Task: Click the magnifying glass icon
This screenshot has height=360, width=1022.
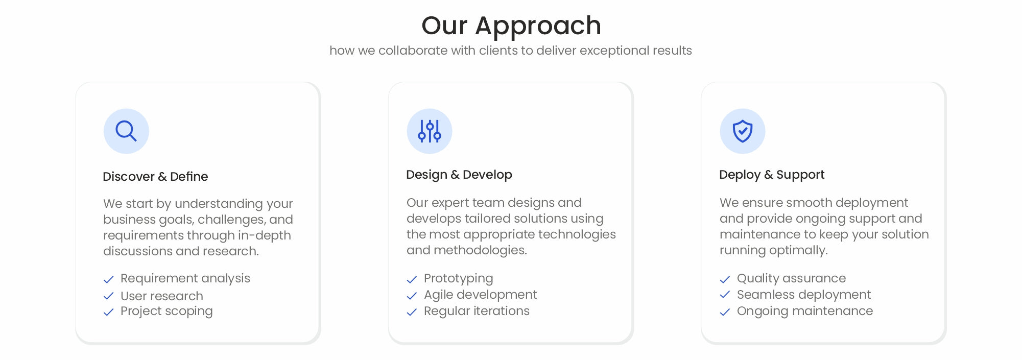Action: coord(126,131)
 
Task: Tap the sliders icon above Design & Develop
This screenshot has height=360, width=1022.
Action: coord(430,131)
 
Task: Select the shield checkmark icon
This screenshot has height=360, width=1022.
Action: coord(743,131)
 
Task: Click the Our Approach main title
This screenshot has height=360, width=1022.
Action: coord(511,26)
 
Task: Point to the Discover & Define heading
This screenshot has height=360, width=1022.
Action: coord(155,177)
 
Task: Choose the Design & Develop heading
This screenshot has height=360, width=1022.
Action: coord(459,175)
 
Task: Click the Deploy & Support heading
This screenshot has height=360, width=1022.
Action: coord(772,175)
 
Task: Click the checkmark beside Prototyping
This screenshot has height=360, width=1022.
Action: coord(412,279)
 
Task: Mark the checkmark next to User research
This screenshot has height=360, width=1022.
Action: coord(108,296)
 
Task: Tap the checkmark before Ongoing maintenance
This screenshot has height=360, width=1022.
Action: coord(725,312)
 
